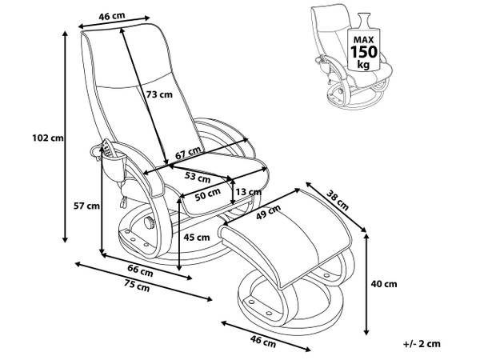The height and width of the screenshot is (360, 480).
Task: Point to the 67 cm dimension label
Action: pyautogui.click(x=188, y=154)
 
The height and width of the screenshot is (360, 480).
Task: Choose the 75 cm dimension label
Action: pyautogui.click(x=134, y=286)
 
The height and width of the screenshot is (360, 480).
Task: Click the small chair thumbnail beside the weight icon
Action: pyautogui.click(x=328, y=56)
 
